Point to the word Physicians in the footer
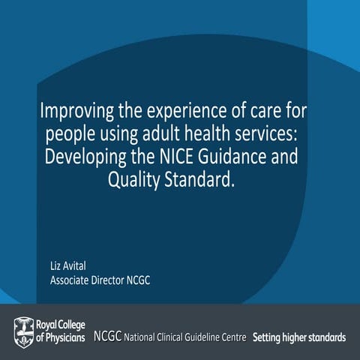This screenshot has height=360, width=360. point(63,334)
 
